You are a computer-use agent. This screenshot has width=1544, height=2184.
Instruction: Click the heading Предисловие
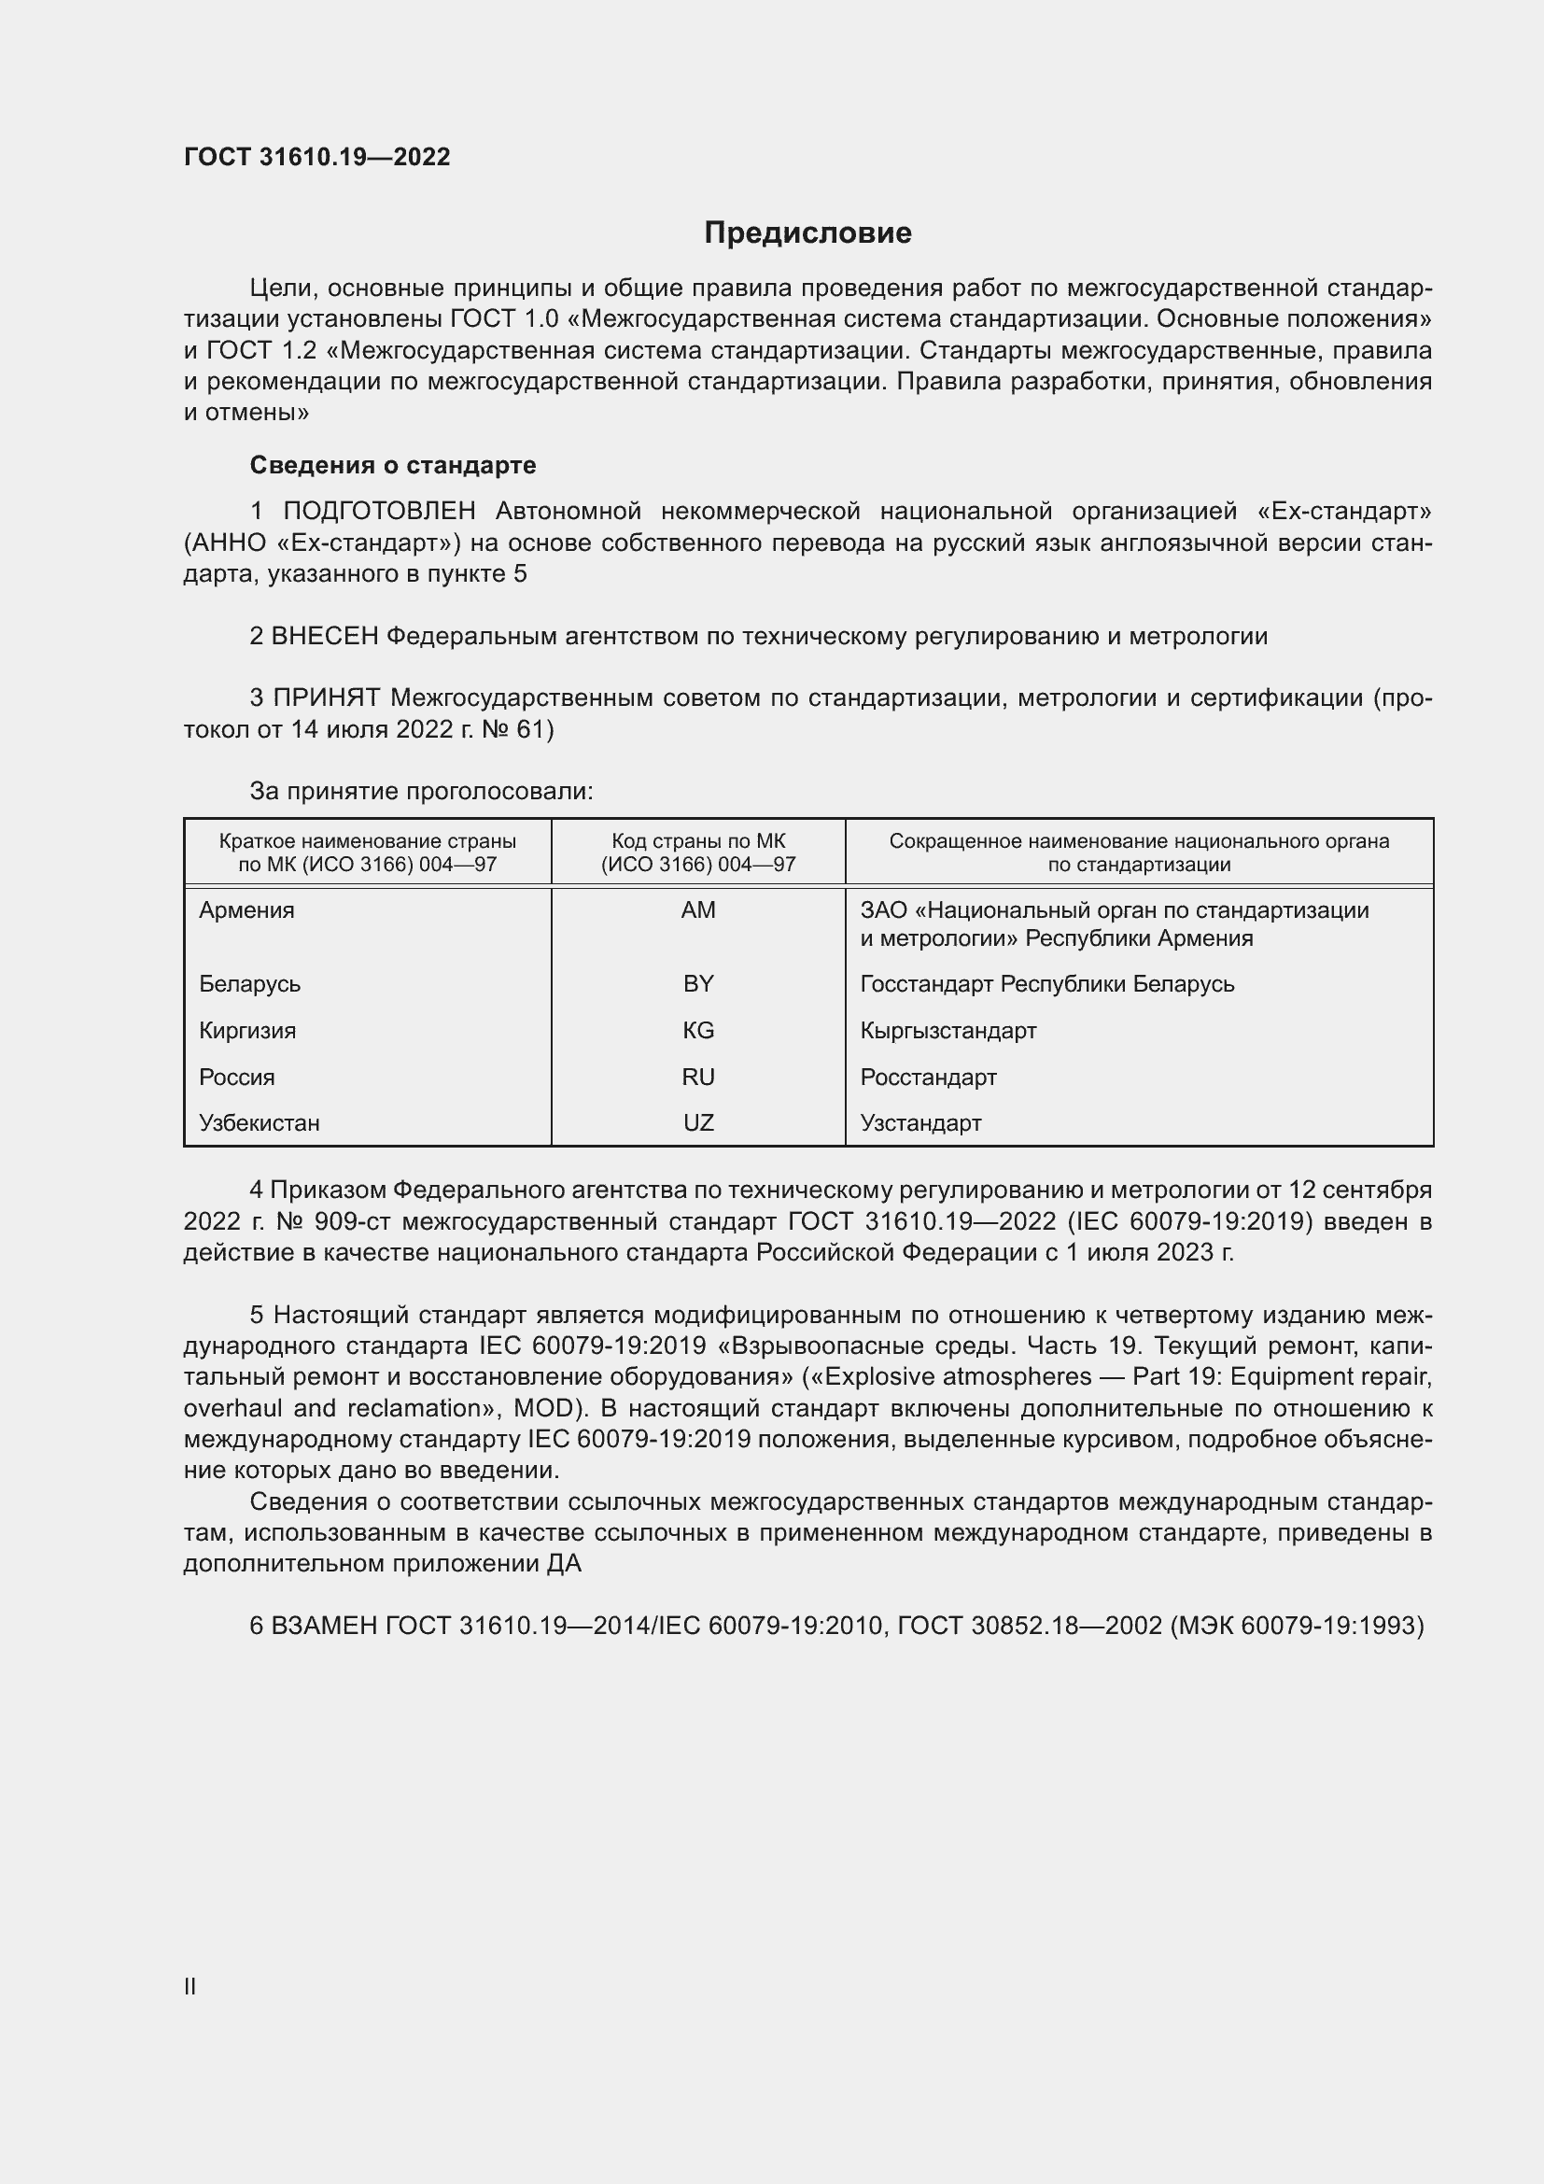(807, 233)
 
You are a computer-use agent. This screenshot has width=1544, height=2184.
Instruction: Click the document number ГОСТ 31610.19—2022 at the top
(316, 157)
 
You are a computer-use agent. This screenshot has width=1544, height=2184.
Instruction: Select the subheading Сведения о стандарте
(393, 465)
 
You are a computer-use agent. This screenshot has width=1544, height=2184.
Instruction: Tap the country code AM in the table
(698, 910)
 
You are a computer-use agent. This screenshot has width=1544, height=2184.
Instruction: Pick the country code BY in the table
(698, 983)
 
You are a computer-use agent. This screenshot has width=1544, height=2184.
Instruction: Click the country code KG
(698, 1030)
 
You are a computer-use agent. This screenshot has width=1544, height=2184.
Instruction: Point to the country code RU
(698, 1077)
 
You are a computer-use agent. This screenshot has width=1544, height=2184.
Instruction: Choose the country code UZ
(698, 1122)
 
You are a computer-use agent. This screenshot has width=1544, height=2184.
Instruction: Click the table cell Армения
(247, 910)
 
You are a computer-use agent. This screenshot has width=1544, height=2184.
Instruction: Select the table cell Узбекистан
(260, 1122)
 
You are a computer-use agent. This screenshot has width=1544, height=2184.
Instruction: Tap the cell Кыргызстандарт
(947, 1030)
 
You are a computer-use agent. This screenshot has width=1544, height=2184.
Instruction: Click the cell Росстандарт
(928, 1077)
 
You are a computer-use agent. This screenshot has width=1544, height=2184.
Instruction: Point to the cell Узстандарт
(920, 1122)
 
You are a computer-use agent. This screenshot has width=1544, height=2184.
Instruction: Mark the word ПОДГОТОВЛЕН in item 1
(379, 512)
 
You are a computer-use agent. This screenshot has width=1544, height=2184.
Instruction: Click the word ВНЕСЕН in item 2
(325, 637)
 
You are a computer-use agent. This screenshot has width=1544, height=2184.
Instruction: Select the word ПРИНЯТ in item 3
(326, 698)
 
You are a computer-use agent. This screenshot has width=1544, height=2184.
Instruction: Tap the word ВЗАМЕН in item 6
(325, 1626)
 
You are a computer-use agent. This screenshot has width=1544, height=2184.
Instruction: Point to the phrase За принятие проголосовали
(421, 792)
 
